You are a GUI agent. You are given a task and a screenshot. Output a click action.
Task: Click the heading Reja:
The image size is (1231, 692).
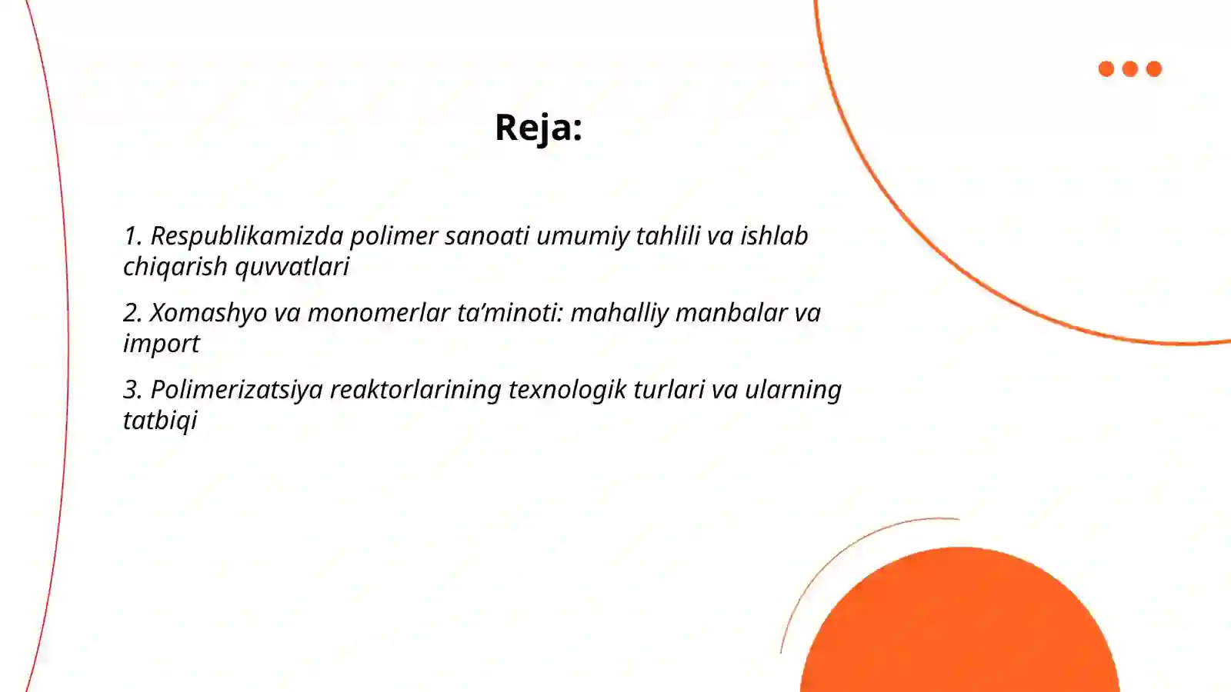coord(538,128)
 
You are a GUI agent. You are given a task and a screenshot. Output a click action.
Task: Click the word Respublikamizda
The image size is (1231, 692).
coord(246,236)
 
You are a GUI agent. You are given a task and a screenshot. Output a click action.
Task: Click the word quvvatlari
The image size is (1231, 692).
coord(292,267)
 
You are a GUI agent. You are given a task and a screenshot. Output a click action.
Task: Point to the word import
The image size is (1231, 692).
coord(161,344)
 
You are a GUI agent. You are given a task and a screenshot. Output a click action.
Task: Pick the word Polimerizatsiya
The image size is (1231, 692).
coord(236,390)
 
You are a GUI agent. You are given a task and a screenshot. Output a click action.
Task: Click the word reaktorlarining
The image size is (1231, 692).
coord(415,390)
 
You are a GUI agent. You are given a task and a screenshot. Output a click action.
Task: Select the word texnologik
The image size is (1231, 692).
coord(567,390)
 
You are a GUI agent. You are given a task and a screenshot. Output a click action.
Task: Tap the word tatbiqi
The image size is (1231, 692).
coord(160,421)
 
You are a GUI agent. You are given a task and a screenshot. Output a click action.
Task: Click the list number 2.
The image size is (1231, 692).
coord(132,313)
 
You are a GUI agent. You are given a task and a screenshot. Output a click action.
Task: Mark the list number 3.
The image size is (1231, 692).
coord(132,390)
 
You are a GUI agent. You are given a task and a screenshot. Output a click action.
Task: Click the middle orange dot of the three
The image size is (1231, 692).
coord(1130,69)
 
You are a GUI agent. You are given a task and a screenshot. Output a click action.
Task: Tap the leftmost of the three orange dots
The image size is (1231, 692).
coord(1106,69)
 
